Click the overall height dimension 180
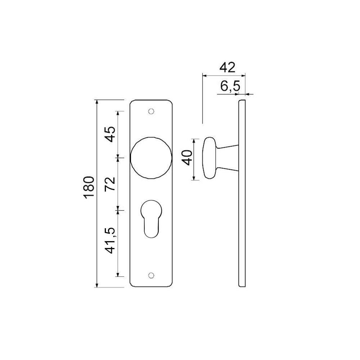coord(89,187)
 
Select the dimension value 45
coord(110,134)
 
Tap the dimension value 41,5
coord(110,240)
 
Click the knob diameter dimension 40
coord(187,158)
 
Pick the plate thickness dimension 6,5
coord(230,86)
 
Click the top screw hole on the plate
coord(151,111)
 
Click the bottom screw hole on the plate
coord(151,276)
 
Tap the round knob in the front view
coord(151,158)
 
